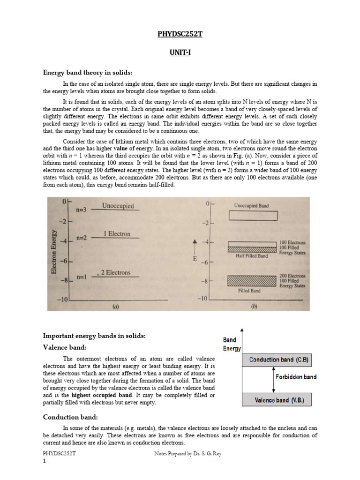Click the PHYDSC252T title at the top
click(180, 34)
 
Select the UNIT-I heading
click(180, 53)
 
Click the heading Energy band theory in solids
click(88, 73)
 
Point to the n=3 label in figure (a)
click(81, 210)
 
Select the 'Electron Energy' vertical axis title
click(55, 252)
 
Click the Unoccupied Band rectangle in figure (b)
click(253, 216)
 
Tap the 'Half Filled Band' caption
click(251, 256)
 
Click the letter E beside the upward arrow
click(195, 258)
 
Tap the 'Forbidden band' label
click(296, 377)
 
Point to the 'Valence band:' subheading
click(65, 347)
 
